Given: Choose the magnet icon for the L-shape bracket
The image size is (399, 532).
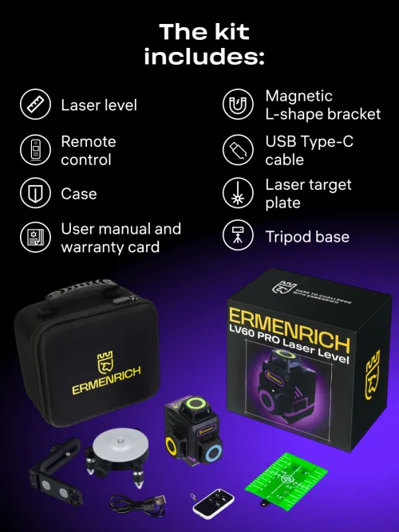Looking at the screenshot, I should tap(238, 105).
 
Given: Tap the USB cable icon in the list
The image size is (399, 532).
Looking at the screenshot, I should tap(238, 149).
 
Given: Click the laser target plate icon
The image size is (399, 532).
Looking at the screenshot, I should tap(238, 194).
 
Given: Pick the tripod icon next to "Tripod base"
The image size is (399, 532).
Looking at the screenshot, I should tap(238, 237).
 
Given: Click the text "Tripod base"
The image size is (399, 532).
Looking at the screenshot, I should tap(307, 237).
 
